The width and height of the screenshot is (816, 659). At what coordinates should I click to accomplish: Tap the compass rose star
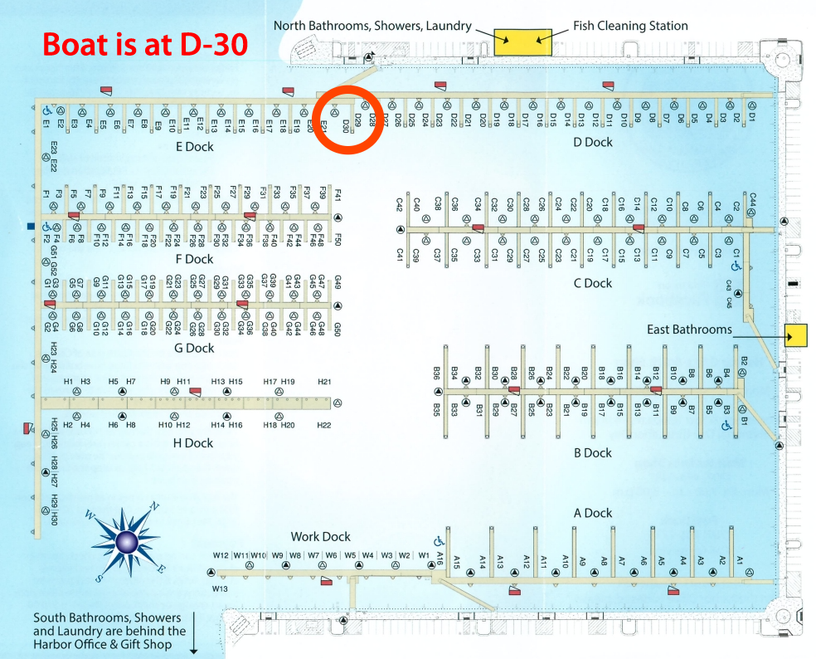(x=126, y=542)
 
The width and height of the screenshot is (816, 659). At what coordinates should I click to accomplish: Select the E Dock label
(x=195, y=147)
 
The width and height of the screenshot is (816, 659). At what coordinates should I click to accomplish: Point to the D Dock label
(x=593, y=142)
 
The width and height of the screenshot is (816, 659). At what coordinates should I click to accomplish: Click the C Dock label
(x=593, y=283)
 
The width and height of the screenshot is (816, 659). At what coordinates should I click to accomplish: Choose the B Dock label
(x=593, y=453)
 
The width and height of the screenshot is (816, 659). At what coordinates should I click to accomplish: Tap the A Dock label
(x=593, y=513)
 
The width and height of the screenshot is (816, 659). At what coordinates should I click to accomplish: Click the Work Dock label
(x=320, y=537)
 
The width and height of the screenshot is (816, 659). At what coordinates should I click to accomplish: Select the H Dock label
(x=193, y=443)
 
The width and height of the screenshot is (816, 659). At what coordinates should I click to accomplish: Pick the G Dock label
(x=195, y=349)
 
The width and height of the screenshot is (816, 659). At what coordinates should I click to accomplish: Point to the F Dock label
(x=195, y=259)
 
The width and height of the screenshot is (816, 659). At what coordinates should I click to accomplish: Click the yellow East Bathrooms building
(x=796, y=335)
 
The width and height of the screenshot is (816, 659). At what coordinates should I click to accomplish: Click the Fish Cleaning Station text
(x=630, y=26)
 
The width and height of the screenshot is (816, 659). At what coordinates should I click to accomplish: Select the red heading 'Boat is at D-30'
(x=145, y=44)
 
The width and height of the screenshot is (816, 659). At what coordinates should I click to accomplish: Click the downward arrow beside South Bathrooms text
(x=194, y=634)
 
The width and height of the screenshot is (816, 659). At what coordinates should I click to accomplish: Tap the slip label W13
(x=220, y=588)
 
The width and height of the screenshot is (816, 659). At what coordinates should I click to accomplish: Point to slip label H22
(x=324, y=425)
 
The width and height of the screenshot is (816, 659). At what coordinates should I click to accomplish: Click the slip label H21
(x=324, y=382)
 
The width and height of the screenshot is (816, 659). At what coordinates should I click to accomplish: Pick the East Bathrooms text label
(x=689, y=329)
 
